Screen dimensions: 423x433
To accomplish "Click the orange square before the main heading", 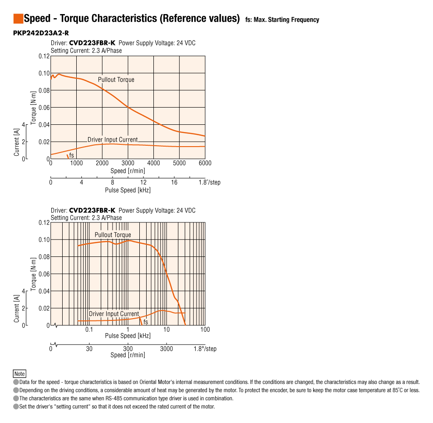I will tap(18, 19).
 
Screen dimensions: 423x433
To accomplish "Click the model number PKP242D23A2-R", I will tap(41, 33).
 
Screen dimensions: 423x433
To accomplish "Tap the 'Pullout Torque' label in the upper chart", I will tap(116, 79).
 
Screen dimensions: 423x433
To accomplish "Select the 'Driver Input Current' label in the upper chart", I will tap(113, 140).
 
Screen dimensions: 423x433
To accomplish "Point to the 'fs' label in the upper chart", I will tap(72, 156).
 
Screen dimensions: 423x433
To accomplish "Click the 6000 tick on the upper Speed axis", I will tap(205, 163).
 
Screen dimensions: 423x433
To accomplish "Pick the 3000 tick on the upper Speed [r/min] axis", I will tap(128, 163).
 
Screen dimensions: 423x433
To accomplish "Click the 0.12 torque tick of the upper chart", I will tap(44, 56).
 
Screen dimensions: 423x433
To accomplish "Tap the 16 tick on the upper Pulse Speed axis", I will tap(174, 182).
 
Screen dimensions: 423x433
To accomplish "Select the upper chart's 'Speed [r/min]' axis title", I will tap(128, 171).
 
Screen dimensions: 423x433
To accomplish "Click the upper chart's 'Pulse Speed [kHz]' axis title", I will tap(128, 190).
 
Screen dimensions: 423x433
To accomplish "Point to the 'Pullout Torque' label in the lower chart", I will tap(113, 235).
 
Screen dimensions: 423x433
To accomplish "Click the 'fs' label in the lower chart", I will tap(146, 322).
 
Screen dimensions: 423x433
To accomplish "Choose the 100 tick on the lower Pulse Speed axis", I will tap(205, 330).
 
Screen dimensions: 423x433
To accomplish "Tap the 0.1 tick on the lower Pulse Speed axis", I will tap(89, 330).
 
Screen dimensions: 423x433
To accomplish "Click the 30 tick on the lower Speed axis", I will tap(89, 349).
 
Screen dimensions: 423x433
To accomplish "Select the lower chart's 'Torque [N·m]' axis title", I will tap(34, 274).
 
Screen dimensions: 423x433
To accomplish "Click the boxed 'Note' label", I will tap(20, 374).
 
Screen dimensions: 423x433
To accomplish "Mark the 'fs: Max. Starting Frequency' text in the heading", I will tap(282, 20).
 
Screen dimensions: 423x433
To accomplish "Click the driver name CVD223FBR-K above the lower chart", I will tap(92, 211).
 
